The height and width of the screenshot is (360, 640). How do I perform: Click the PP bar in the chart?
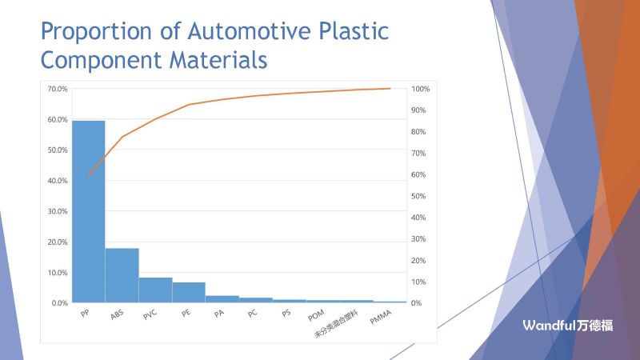(88, 212)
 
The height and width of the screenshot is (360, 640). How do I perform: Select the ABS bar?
(122, 275)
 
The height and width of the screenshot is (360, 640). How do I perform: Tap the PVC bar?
(155, 290)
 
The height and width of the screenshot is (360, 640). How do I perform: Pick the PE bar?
(189, 292)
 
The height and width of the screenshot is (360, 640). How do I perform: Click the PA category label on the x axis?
(218, 314)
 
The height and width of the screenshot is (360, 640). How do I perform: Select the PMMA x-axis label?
(381, 319)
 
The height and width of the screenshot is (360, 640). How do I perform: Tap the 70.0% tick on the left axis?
(56, 89)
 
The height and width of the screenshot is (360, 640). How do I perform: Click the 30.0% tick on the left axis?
(56, 211)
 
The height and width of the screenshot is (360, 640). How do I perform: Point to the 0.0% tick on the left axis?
(58, 303)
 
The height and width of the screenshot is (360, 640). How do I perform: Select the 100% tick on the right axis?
(421, 89)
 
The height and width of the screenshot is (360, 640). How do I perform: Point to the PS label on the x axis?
(286, 314)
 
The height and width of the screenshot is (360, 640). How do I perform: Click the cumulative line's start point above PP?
(88, 175)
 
